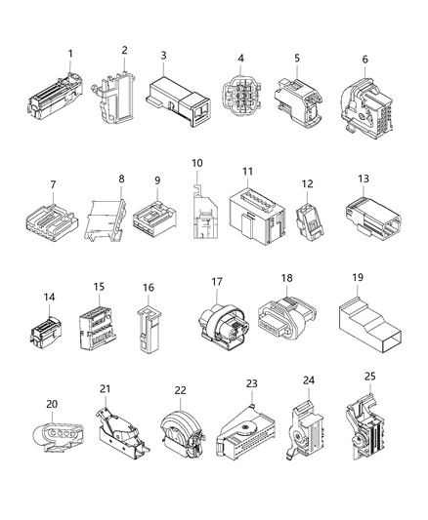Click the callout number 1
pyautogui.click(x=69, y=53)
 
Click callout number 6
pyautogui.click(x=364, y=60)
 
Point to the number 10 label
pyautogui.click(x=196, y=162)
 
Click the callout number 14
pyautogui.click(x=49, y=296)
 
